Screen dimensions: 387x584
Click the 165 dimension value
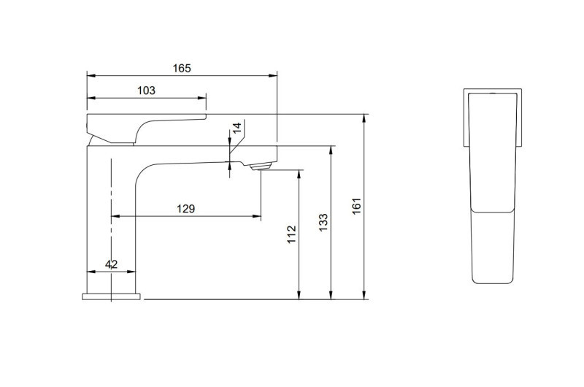click(182, 69)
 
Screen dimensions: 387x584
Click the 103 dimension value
click(147, 91)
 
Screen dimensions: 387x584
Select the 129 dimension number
click(186, 210)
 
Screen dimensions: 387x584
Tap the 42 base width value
click(112, 264)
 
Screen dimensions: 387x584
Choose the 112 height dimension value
click(291, 234)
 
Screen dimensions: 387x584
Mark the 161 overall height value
click(357, 207)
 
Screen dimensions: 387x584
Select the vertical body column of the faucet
click(124, 219)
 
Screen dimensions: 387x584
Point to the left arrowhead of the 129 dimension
click(113, 216)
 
